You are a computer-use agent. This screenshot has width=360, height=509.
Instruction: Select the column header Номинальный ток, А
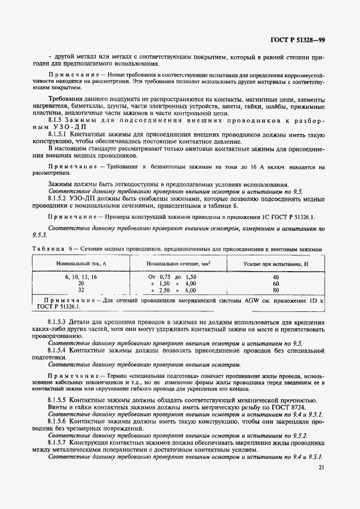coord(81,263)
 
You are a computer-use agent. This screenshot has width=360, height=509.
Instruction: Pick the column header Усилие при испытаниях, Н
coord(276,263)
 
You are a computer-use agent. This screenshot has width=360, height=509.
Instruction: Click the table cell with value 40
coord(276,277)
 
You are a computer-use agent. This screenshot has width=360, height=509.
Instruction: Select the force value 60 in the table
coord(276,284)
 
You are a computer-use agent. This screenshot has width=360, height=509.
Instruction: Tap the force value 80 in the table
coord(276,290)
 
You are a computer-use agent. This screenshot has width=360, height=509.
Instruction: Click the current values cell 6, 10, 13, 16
coord(81,277)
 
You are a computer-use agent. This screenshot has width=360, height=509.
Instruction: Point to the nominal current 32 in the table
coord(81,290)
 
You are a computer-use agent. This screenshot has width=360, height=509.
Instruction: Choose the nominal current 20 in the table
coord(81,284)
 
